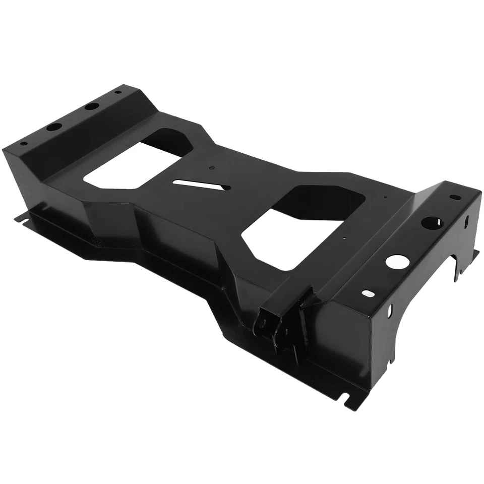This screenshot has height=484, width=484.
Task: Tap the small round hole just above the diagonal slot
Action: (x=211, y=169)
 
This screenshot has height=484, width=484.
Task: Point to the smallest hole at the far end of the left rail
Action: (x=118, y=92)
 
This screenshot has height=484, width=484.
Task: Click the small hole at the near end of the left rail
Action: (x=23, y=143)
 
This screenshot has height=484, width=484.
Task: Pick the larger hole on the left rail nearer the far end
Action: (x=92, y=106)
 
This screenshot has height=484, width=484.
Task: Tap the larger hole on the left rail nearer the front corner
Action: (x=54, y=127)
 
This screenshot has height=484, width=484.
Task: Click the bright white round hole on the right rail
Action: (x=397, y=261)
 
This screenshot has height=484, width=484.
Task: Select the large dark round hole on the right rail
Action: (x=431, y=223)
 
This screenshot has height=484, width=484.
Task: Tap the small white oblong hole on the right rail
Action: (x=368, y=293)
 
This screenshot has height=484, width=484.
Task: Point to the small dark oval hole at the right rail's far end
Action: (x=455, y=197)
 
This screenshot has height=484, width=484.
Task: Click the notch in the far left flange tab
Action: (x=20, y=218)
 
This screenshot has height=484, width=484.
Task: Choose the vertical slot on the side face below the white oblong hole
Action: (x=390, y=311)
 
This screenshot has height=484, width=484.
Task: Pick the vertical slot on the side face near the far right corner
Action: (x=466, y=222)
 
